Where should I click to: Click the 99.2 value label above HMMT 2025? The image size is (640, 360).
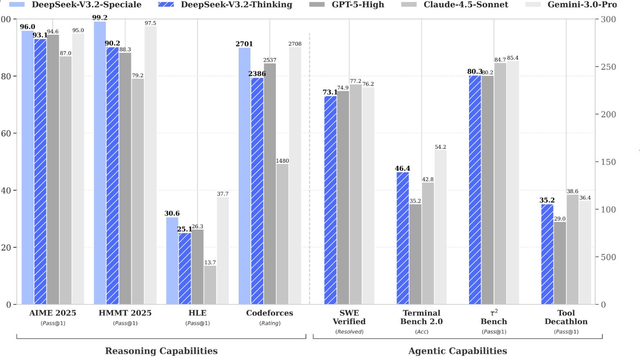(x=100, y=18)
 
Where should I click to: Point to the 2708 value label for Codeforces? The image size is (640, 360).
(x=295, y=44)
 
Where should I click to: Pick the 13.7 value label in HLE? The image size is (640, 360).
(x=210, y=263)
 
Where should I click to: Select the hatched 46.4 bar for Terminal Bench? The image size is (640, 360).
(x=403, y=238)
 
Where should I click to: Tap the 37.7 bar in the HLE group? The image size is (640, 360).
(x=222, y=251)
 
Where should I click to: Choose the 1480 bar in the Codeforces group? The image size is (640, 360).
(x=282, y=234)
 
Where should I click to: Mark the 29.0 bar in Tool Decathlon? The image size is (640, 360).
(x=560, y=263)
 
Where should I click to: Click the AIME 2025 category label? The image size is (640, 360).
(x=53, y=313)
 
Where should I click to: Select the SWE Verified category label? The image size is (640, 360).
(x=349, y=317)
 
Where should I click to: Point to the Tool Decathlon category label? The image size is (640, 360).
(x=566, y=317)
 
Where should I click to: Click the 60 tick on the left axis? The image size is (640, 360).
(x=5, y=133)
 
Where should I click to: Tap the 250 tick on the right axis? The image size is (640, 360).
(x=608, y=67)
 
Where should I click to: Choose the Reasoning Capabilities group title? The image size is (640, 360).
(x=161, y=351)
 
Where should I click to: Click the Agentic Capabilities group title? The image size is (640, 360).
(x=457, y=351)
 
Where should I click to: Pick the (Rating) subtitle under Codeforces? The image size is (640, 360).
(x=270, y=323)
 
